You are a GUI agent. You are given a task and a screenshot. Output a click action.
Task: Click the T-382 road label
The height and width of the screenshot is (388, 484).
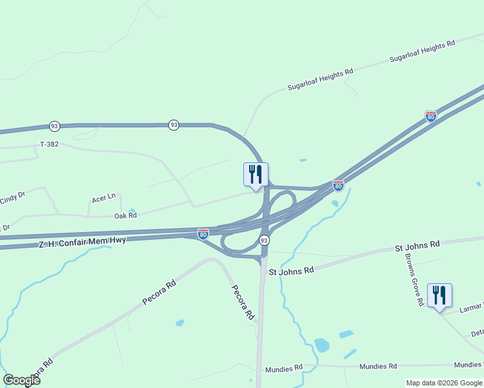click(49, 144)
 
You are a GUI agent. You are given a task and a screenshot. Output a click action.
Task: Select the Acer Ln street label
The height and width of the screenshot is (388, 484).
click(104, 198)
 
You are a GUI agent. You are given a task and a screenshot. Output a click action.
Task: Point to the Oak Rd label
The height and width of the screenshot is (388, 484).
click(126, 216)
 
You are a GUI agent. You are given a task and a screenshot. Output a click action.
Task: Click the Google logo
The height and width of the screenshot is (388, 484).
click(21, 380)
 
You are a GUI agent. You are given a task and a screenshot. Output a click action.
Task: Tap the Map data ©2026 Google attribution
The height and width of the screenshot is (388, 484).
click(444, 383)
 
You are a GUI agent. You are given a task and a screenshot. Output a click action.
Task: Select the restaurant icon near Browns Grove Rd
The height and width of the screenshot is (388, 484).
click(439, 296)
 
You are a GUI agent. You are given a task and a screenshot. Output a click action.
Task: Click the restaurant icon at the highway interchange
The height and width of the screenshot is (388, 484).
click(256, 174)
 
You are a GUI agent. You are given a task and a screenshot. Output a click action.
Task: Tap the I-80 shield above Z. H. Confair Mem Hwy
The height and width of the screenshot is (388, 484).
click(203, 233)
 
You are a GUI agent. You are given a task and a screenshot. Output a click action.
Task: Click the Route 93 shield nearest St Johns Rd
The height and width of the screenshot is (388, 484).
click(264, 240)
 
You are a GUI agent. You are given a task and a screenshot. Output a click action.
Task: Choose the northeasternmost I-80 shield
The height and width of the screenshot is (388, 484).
click(431, 116)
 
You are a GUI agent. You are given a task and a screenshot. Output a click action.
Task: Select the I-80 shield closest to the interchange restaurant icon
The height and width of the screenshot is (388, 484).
click(338, 186)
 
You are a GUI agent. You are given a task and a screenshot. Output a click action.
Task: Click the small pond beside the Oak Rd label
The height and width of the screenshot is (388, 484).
click(133, 211)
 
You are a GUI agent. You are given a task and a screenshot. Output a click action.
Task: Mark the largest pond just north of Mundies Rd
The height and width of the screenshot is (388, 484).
click(322, 345)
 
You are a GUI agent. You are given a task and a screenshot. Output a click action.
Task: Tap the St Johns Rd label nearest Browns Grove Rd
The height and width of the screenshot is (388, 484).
click(417, 246)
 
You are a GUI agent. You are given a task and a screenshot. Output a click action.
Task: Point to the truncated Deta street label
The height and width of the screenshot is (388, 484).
click(477, 333)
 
